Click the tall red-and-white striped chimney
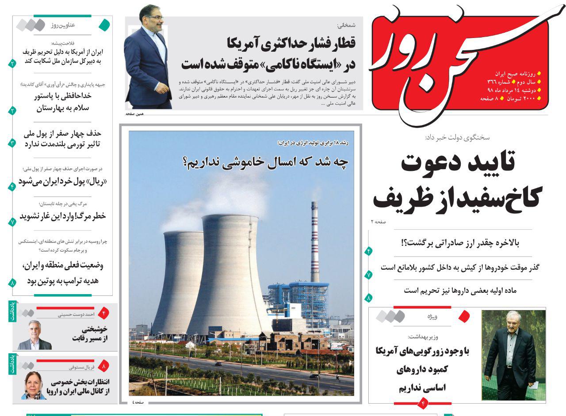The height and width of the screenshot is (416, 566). (314, 241)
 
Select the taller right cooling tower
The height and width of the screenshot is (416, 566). (230, 274)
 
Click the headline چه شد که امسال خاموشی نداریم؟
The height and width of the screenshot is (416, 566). (265, 162)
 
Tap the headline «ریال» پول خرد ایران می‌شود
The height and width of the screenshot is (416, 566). (62, 182)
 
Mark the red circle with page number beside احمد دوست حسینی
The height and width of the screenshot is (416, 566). (103, 314)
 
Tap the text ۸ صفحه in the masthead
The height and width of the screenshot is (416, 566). (489, 98)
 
